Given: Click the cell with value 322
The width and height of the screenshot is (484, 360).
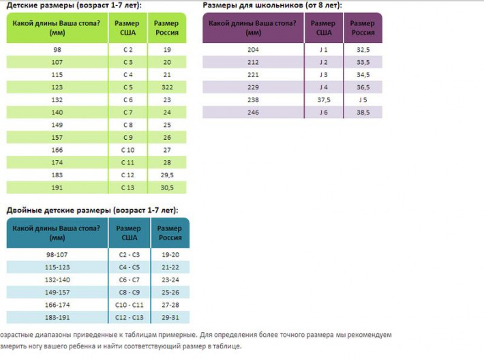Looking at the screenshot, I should click(167, 87).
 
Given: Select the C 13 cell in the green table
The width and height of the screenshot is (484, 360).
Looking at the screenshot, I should click(127, 187).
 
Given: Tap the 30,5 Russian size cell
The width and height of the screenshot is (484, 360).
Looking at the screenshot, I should click(167, 187).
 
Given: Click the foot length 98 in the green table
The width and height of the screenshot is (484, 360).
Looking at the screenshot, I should click(57, 50).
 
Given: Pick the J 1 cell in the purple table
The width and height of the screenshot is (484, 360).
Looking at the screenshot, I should click(323, 50).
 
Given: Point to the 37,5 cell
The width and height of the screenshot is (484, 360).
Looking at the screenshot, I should click(323, 100).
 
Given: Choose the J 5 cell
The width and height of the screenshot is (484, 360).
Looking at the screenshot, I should click(363, 100).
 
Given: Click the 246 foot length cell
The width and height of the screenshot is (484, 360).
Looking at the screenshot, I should click(253, 112).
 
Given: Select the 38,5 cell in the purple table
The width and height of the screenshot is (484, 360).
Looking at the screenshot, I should click(363, 112).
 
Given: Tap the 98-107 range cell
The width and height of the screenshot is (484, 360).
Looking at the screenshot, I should click(57, 254).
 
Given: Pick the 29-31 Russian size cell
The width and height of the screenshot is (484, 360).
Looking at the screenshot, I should click(170, 317).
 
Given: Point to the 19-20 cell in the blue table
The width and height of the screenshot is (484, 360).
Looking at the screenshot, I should click(170, 254).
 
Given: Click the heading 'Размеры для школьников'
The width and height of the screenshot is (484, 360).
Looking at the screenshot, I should click(272, 5).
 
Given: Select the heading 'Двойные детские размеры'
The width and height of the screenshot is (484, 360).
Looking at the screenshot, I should click(92, 210).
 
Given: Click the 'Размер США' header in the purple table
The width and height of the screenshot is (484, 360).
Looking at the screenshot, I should click(323, 28).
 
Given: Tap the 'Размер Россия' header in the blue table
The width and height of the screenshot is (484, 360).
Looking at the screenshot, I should click(170, 232).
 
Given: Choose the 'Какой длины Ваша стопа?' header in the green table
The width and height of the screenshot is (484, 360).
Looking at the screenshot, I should click(57, 28).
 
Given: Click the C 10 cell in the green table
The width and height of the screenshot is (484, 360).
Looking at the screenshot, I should click(127, 150).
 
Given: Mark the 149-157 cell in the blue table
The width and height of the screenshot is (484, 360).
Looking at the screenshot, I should click(57, 292).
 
